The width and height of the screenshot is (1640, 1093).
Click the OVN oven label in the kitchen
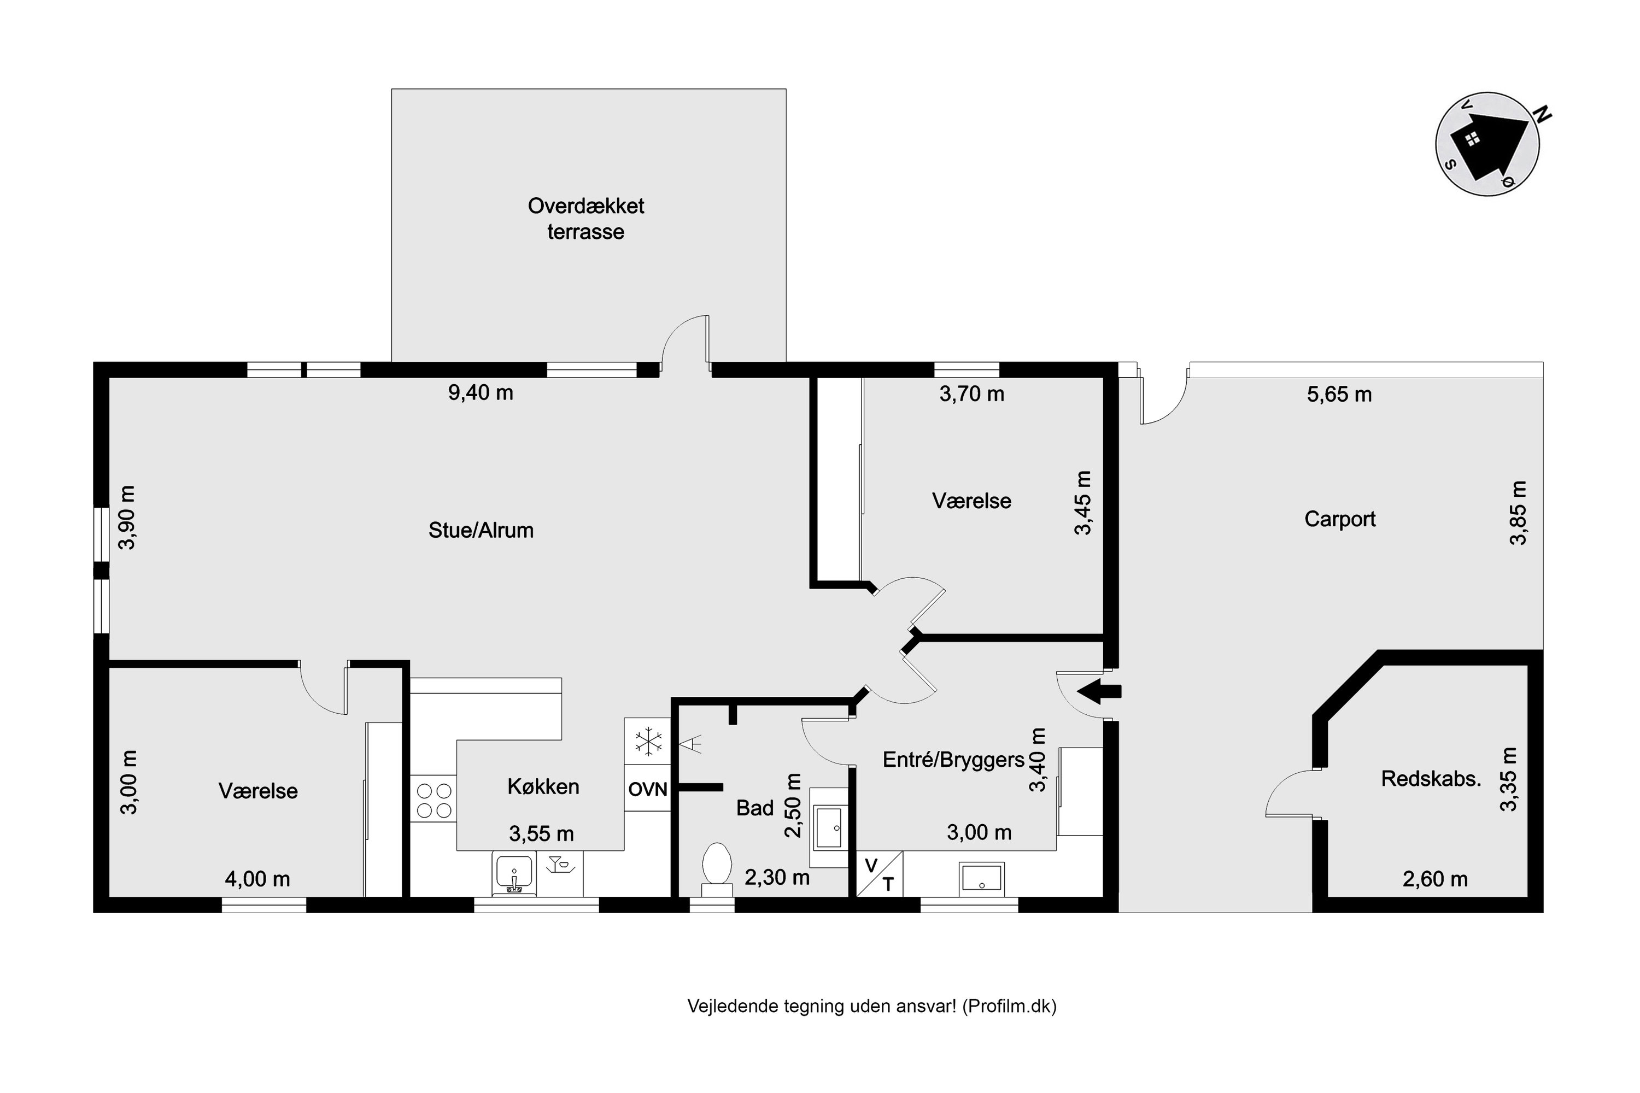point(647,789)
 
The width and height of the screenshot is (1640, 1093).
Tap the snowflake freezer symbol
point(648,741)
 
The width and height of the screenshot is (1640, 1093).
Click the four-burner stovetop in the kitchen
point(433,800)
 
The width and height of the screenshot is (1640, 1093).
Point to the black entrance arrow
point(1099,691)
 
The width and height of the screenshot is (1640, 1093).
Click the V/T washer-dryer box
point(879,874)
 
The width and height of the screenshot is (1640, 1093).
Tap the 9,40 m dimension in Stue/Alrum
point(481,392)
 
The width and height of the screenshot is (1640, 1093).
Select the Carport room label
point(1339,519)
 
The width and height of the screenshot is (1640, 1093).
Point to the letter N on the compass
point(1543,114)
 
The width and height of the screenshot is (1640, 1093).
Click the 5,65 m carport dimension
point(1339,395)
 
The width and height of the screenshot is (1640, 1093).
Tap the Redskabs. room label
point(1431,779)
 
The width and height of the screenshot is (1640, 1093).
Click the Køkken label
point(543,786)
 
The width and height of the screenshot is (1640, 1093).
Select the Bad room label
point(755,808)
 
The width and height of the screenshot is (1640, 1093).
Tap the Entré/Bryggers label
point(953,760)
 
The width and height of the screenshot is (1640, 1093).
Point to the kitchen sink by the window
point(514,873)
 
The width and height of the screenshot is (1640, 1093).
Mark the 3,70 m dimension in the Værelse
point(971,394)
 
